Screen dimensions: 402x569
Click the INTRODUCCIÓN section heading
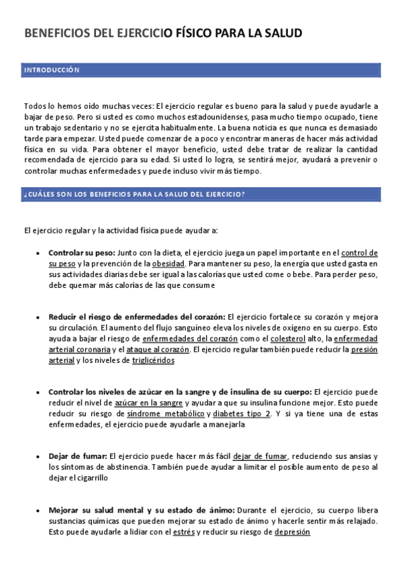point(52,70)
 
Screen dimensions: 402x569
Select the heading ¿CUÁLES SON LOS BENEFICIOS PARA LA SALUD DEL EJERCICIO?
point(134,195)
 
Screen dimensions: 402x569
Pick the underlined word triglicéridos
point(153,360)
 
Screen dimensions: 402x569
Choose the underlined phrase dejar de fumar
point(260,456)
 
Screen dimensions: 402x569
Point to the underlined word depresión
point(293,531)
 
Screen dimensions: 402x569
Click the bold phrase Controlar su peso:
point(81,253)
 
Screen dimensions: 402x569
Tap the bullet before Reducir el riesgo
point(38,317)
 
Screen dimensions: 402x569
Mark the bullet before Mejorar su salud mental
point(38,511)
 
